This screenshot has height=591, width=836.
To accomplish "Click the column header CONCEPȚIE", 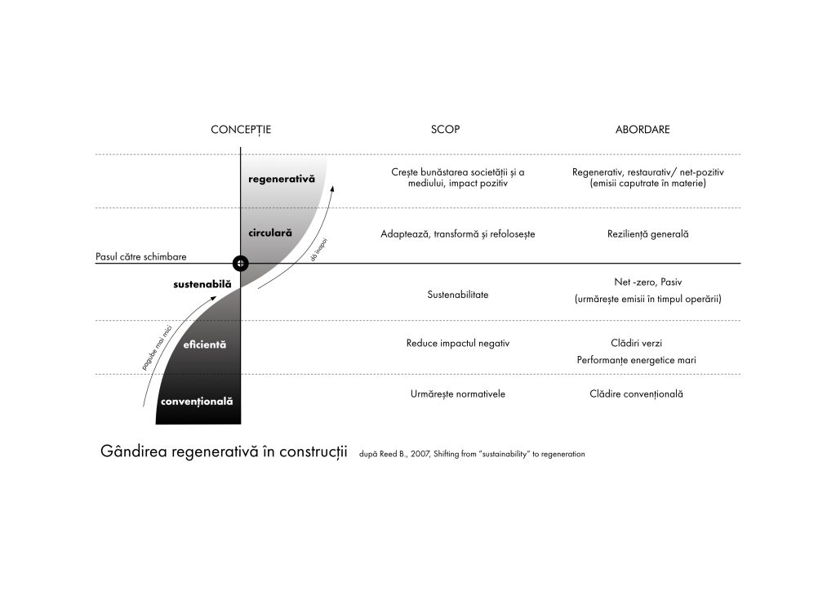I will point(241,130).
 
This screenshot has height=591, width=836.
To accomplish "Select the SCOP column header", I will point(445,130).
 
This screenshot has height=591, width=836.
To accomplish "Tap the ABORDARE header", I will point(642,130).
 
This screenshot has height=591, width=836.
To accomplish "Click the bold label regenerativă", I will point(281,179).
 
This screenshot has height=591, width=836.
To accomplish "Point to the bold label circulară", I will point(269,233).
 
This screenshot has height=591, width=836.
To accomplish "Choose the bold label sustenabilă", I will point(202,284).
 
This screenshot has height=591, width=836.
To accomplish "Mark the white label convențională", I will point(197,402).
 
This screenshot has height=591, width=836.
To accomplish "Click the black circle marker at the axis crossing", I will point(240,263).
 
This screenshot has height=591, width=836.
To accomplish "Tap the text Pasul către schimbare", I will point(141,257).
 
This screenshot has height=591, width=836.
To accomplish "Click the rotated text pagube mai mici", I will point(156,349).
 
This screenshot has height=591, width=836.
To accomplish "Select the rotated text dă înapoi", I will point(319,249).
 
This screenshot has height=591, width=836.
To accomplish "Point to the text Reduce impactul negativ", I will point(457,343).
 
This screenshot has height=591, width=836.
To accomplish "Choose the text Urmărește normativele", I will point(457,394).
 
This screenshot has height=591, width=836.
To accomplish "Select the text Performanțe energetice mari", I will point(636,360).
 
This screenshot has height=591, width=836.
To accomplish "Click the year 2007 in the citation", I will point(415,454).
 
